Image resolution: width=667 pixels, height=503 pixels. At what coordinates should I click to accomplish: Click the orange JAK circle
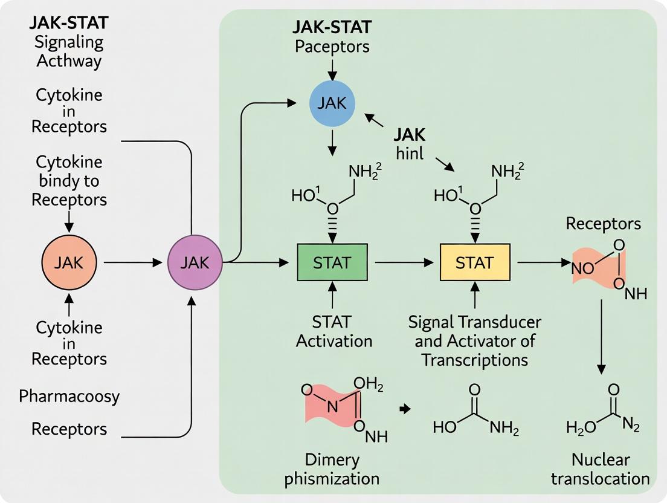tap(69, 262)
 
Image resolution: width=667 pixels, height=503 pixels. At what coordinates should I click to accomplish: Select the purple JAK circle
tap(195, 262)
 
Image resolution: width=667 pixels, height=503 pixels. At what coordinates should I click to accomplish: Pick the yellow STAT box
tap(475, 263)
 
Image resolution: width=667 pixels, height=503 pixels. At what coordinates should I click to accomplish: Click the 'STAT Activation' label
tap(333, 331)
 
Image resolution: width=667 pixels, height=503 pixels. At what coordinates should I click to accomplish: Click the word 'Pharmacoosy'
tap(69, 397)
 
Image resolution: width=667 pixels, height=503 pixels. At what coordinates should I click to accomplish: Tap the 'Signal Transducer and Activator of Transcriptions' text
tap(475, 340)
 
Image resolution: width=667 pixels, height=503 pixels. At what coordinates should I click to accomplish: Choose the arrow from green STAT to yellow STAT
tap(404, 263)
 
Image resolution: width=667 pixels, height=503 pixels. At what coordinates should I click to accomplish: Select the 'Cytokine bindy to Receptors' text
tap(69, 181)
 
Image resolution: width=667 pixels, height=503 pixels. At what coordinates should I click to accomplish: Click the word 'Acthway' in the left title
tap(69, 60)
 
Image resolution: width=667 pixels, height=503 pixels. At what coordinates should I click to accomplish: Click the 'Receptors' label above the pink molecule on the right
tap(603, 224)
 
